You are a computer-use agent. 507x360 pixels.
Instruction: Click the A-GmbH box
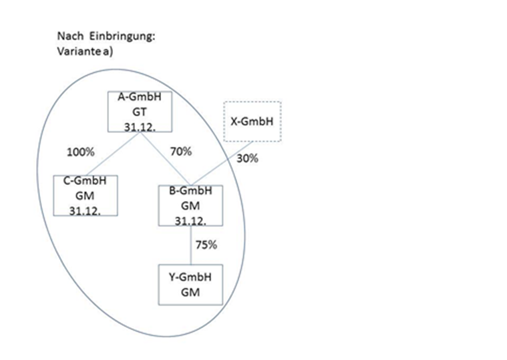click(140, 112)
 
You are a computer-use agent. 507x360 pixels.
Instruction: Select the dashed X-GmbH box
click(251, 122)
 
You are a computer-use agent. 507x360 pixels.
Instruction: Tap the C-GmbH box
click(86, 194)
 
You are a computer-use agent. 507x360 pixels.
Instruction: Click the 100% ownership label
click(79, 152)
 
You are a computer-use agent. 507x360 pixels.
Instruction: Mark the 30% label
click(247, 159)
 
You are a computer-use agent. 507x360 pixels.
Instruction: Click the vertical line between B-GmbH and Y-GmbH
click(191, 244)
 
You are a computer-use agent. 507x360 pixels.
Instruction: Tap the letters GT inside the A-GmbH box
click(140, 112)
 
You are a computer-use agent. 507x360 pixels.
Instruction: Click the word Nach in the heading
click(69, 37)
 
